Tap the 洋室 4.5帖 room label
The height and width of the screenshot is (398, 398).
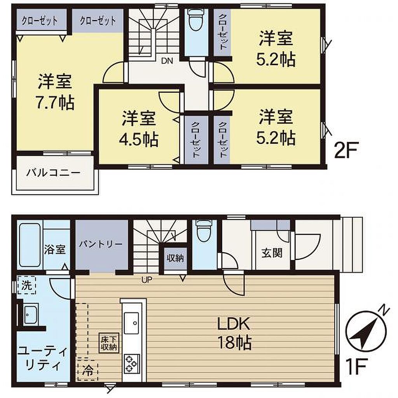pos(139,129)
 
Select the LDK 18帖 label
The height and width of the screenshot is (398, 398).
pos(234,333)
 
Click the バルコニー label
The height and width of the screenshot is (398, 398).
pos(54,173)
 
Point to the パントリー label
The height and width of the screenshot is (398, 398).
pos(101,244)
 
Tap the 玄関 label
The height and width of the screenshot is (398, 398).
pos(272,253)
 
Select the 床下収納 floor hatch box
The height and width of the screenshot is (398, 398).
pos(109,343)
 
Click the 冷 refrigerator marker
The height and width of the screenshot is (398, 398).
pos(88,370)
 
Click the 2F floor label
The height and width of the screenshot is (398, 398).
pos(346,150)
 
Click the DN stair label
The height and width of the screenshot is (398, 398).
pos(167,61)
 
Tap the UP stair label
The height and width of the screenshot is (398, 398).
pos(147,280)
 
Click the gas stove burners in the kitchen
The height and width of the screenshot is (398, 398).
pos(131,364)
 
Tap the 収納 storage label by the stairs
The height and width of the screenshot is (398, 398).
pos(175,258)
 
